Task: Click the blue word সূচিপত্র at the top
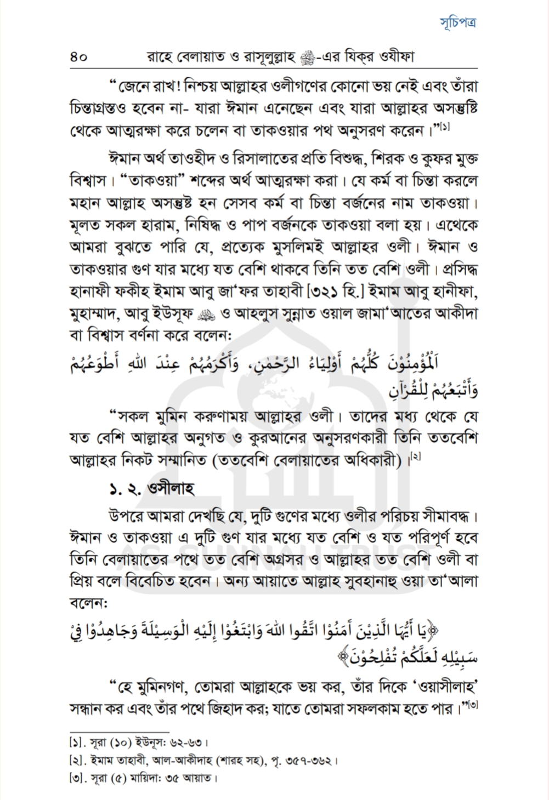[x=458, y=22]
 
